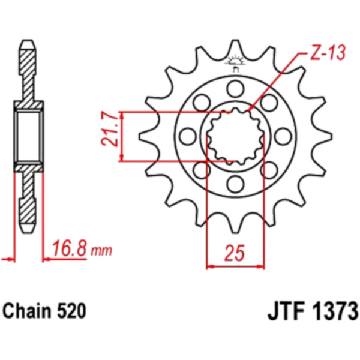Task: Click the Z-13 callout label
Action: [328, 53]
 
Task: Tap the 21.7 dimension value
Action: [109, 129]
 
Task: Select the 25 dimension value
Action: [235, 253]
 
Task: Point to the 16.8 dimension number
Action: [69, 248]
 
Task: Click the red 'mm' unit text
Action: [101, 251]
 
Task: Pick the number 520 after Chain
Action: [71, 311]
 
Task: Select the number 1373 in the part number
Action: [333, 311]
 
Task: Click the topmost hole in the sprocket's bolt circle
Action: [235, 89]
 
